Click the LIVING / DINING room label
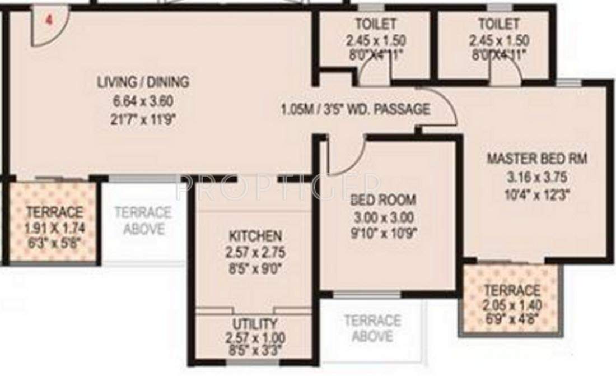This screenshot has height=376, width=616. pyautogui.click(x=143, y=82)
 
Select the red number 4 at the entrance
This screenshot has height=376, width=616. pyautogui.click(x=49, y=20)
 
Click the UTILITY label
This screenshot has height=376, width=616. pyautogui.click(x=255, y=324)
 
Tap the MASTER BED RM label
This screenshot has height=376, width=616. pyautogui.click(x=536, y=159)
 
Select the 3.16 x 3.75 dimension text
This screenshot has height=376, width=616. pyautogui.click(x=537, y=178)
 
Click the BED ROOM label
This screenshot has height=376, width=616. pyautogui.click(x=384, y=199)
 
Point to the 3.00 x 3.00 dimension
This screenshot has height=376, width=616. pyautogui.click(x=384, y=217)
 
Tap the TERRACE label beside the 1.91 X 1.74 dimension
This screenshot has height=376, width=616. pyautogui.click(x=54, y=212)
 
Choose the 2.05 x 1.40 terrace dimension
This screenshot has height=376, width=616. pyautogui.click(x=512, y=306)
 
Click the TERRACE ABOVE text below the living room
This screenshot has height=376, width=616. pyautogui.click(x=143, y=221)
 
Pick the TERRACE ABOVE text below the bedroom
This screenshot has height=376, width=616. pyautogui.click(x=372, y=328)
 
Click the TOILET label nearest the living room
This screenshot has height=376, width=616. pyautogui.click(x=375, y=24)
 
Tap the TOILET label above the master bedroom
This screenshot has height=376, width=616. pyautogui.click(x=498, y=24)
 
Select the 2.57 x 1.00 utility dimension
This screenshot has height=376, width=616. pyautogui.click(x=255, y=338)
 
